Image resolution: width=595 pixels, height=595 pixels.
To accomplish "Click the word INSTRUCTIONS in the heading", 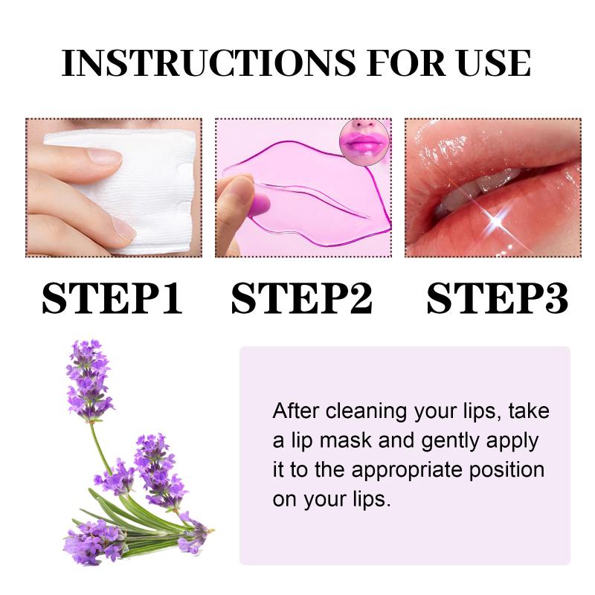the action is pos(209,63).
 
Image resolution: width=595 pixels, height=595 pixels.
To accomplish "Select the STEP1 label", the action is pos(112,298).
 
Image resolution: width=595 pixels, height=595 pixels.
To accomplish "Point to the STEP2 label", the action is pos(302,298).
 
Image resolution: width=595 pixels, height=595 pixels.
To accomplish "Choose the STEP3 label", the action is pos(497,298).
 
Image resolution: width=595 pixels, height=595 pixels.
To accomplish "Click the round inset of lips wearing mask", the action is pos(364,143).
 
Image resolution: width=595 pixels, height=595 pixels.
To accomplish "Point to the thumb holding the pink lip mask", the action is pos(234,205).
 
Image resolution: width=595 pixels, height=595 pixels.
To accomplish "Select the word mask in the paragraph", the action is pos(346,441).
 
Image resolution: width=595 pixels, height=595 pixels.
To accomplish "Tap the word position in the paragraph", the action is pos(507,471).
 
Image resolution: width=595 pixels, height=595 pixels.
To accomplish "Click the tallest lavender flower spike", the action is pos(89,379).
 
